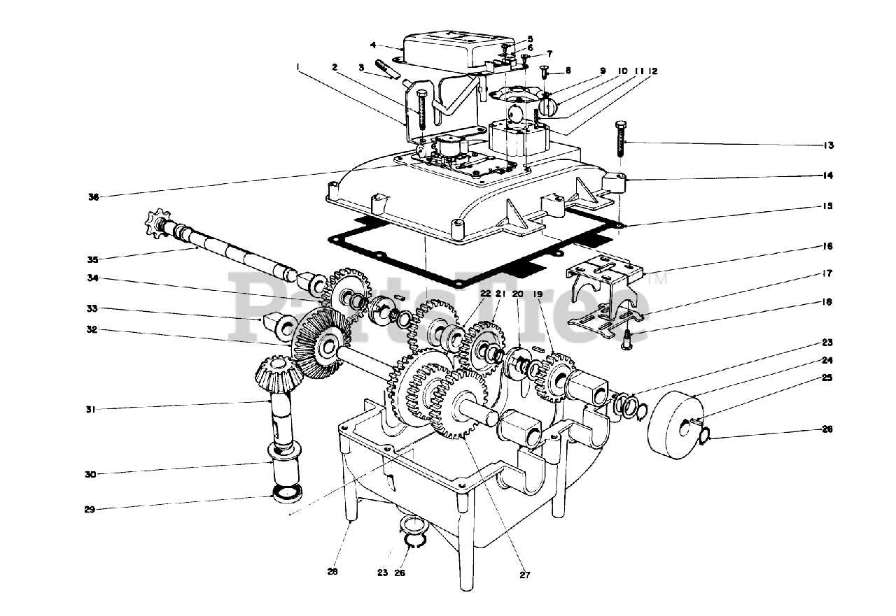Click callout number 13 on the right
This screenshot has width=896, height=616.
tap(829, 145)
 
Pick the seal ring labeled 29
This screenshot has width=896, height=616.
tap(287, 494)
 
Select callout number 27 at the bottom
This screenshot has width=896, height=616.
tap(526, 575)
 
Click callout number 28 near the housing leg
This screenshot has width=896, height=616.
tap(332, 571)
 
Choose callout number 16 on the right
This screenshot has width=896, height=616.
tap(829, 247)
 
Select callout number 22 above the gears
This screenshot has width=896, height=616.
tap(467, 294)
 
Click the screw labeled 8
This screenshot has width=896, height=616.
tap(544, 72)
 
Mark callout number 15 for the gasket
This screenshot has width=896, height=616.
tap(829, 207)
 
